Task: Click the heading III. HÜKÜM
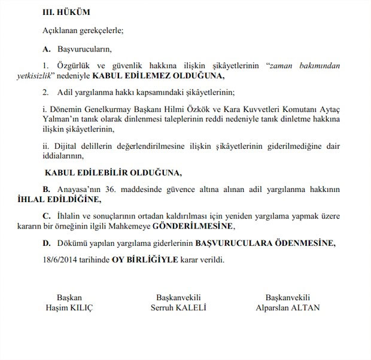(x=66, y=11)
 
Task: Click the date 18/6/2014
(x=60, y=260)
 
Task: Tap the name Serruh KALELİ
(x=178, y=308)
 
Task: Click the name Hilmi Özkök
(x=184, y=109)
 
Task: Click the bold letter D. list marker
(x=46, y=243)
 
